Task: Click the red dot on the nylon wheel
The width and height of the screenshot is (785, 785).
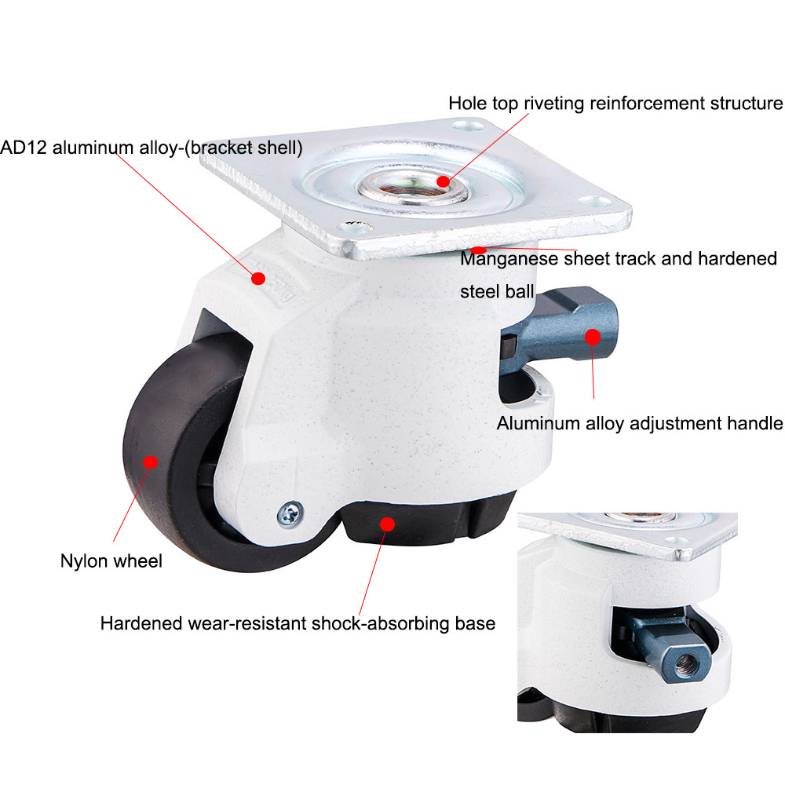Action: (x=150, y=462)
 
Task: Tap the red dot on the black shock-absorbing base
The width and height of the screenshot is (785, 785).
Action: (x=387, y=524)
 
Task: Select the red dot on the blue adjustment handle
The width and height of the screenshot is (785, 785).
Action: (x=592, y=337)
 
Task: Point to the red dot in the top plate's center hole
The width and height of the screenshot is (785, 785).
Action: (x=443, y=181)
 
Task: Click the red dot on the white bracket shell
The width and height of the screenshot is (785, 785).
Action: (x=258, y=279)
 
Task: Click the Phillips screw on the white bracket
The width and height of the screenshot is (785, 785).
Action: (x=290, y=514)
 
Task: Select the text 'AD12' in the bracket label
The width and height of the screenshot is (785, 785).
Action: (x=24, y=148)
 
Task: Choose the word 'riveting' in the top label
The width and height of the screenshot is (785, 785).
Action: (x=553, y=103)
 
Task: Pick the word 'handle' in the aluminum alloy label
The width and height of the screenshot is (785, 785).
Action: (x=754, y=424)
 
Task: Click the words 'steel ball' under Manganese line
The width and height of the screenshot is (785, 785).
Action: (x=497, y=291)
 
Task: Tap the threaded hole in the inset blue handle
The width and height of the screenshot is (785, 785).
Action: (x=682, y=664)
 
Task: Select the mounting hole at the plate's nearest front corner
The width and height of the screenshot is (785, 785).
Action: (x=356, y=228)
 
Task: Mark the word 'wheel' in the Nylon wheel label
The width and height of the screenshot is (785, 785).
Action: (x=138, y=561)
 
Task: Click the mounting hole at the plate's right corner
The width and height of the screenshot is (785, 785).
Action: (x=596, y=201)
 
